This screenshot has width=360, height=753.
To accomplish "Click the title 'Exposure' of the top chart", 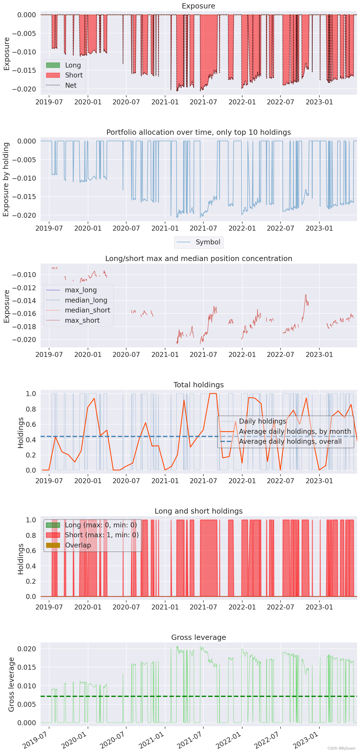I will (198, 6).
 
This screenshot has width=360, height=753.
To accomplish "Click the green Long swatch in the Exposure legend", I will (53, 65).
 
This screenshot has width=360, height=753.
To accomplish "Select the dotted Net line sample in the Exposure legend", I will (53, 85).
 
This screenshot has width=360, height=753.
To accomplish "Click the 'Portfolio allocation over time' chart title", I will (198, 132).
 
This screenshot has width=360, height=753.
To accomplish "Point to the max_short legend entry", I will (82, 320).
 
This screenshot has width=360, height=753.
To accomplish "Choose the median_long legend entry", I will (86, 300).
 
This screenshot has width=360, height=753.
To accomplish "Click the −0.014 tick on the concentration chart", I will (24, 300).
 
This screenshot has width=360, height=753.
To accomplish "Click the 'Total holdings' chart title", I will (198, 385).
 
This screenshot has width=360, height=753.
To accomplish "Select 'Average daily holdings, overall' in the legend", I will (290, 441).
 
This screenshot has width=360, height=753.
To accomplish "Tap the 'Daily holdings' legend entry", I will (262, 421).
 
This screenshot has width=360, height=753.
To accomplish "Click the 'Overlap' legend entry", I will (78, 545).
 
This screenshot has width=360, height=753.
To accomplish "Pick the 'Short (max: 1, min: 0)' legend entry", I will (101, 535).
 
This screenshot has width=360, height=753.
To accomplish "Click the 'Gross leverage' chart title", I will (198, 638).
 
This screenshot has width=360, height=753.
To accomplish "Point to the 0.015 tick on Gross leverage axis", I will (27, 667).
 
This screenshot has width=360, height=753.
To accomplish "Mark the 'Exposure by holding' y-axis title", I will (6, 179).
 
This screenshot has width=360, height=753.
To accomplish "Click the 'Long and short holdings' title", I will (198, 511).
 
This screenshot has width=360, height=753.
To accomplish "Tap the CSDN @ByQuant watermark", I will (341, 748).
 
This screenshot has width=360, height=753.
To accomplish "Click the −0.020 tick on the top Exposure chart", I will (24, 89).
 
